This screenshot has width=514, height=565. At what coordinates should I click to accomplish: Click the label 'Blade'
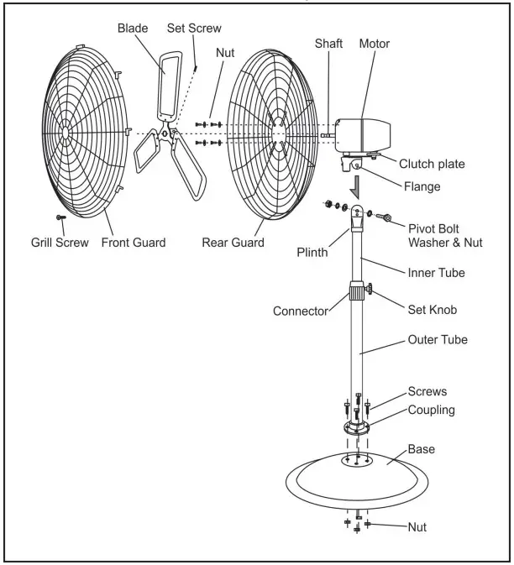pos(132,27)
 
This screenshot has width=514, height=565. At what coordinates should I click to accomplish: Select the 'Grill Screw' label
pos(51,243)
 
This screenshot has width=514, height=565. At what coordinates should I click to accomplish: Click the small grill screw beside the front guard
pos(60,217)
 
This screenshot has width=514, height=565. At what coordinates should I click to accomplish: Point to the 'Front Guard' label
pos(134,243)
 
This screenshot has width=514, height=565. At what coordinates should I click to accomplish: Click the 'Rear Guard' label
pos(233,243)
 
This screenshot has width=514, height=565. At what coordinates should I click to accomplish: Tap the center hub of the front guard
pos(66,129)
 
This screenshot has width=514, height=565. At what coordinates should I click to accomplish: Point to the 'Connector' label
pos(300,311)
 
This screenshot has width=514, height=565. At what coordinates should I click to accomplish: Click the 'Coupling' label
pos(431,410)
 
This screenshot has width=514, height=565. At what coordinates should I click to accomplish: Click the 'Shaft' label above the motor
pos(329,44)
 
